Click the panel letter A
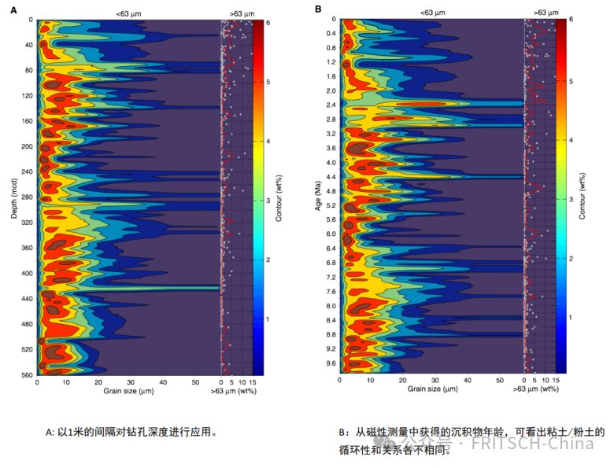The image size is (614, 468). coord(13,9)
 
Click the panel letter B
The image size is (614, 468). coord(319,9)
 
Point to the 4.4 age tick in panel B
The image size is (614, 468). coord(331,177)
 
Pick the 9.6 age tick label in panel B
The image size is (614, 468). coord(331,363)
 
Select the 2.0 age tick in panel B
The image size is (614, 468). coord(331,91)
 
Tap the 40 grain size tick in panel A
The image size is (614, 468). coord(163,381)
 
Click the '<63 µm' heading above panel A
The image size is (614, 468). coord(128,13)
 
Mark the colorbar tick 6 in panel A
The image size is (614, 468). coord(268,23)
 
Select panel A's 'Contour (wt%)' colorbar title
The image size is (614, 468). coord(279,197)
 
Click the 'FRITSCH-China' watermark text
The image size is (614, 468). coord(542,443)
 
